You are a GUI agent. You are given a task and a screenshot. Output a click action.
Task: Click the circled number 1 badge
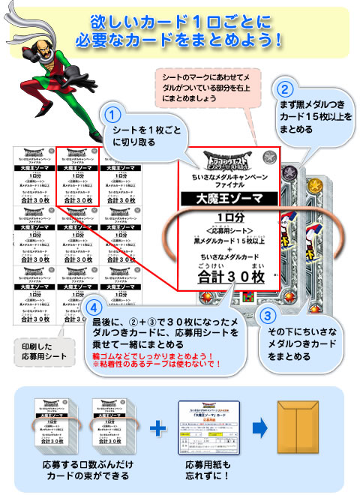111,117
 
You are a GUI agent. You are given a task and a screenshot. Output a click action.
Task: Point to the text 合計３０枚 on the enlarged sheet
227,277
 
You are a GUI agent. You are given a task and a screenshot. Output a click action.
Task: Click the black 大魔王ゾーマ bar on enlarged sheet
228,199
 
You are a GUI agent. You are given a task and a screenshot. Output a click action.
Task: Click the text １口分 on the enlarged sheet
228,217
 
